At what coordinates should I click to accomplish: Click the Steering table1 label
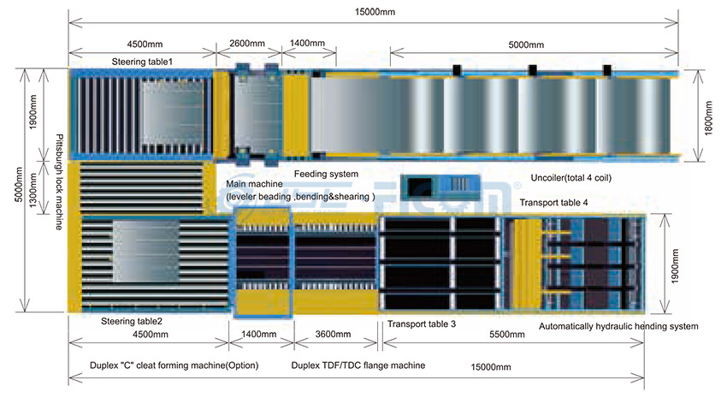point(142,62)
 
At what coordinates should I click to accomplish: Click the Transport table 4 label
point(553,203)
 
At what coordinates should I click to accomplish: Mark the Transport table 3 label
point(422,324)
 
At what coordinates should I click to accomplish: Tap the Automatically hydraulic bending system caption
point(618,326)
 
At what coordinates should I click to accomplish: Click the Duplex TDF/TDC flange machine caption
point(358,365)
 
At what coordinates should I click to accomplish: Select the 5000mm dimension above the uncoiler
point(526,44)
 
